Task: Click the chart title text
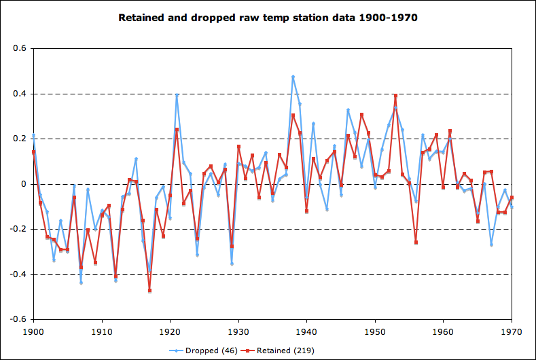click(268, 17)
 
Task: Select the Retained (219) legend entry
click(285, 350)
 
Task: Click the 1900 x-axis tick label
click(33, 331)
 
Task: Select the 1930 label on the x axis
click(238, 331)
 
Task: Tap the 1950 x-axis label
click(375, 331)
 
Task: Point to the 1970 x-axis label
click(512, 331)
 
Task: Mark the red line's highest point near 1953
click(395, 96)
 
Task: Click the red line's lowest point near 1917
click(149, 291)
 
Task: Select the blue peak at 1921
click(177, 95)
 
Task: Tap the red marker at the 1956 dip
click(416, 242)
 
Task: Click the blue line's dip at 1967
click(491, 245)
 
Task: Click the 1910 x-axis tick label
click(102, 331)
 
